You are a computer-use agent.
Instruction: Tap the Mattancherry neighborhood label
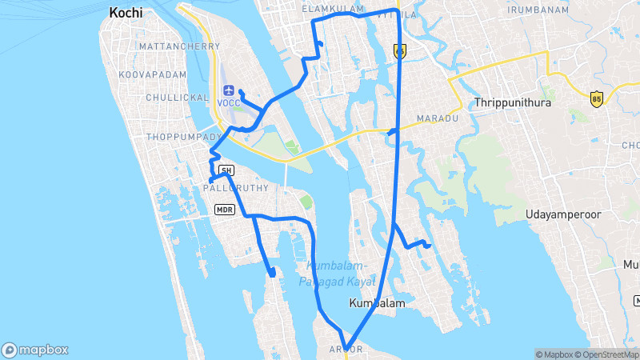[179, 46]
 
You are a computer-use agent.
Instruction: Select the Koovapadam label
[152, 74]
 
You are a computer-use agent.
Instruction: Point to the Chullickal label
[178, 97]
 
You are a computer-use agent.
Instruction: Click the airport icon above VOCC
[230, 90]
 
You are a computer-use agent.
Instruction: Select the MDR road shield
[224, 210]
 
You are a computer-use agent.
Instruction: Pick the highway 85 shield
[596, 98]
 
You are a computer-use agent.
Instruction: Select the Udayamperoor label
[563, 214]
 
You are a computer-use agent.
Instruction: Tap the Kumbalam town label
[378, 304]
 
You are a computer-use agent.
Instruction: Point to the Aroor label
[346, 350]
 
